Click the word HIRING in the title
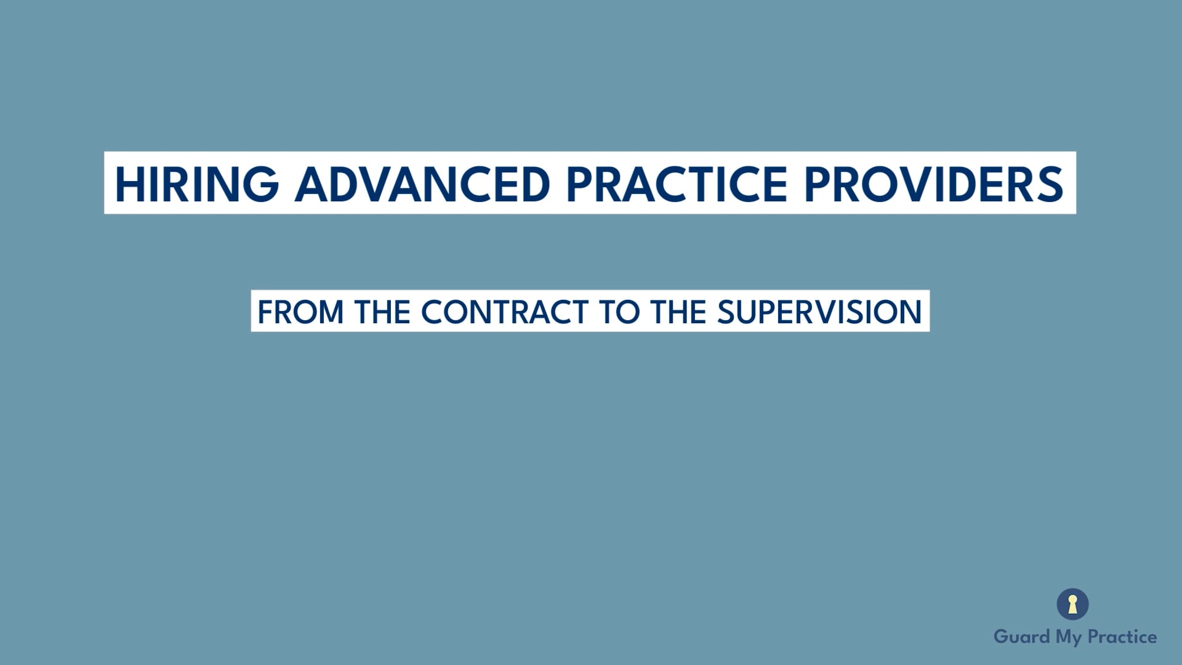[196, 184]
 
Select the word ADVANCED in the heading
[422, 184]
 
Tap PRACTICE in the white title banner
[677, 184]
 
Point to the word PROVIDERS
[933, 184]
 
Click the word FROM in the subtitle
[300, 312]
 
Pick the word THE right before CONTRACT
[382, 312]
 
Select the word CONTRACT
[505, 312]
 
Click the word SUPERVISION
[819, 312]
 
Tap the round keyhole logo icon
[1072, 604]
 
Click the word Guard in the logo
[1021, 636]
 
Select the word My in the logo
[1069, 637]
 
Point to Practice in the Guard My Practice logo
[1122, 636]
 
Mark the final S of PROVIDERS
[1049, 184]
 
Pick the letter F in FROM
[265, 312]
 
